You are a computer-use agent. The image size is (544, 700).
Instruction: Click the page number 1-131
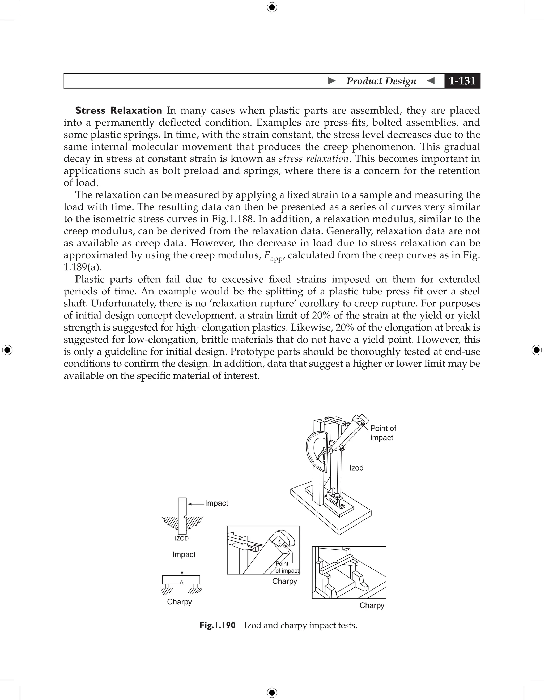tap(462, 81)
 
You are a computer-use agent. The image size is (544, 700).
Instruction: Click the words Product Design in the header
tap(381, 81)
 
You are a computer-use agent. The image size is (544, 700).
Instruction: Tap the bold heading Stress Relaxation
tap(118, 110)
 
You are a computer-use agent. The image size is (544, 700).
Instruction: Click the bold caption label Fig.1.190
tap(217, 625)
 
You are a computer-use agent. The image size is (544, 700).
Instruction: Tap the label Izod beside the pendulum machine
tap(356, 468)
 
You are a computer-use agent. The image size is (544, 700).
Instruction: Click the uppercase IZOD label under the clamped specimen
tap(181, 539)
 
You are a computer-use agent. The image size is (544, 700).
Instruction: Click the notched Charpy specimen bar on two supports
tap(181, 579)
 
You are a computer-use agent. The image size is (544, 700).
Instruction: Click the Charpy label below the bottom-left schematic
tap(179, 601)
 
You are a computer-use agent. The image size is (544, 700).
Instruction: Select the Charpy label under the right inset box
tap(372, 605)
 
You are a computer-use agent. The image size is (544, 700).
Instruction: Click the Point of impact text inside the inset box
tap(286, 567)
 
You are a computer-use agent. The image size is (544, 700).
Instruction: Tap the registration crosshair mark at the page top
tap(272, 7)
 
